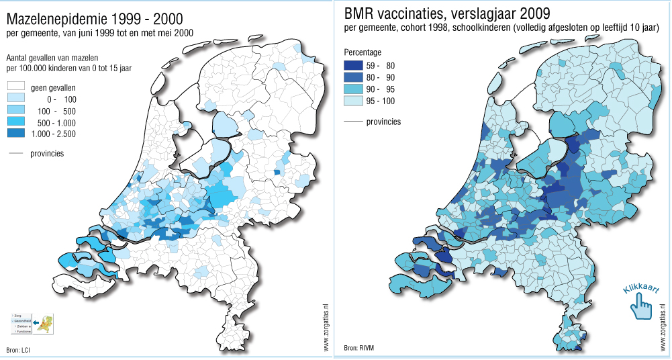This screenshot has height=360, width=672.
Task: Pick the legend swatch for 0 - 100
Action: coord(15,99)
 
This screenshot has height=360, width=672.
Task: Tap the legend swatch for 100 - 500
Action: coord(15,110)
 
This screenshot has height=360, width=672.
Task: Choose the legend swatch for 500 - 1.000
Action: coord(15,122)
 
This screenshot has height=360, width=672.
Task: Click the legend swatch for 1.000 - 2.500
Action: coord(15,134)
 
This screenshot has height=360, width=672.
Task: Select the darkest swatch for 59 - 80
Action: coord(353,66)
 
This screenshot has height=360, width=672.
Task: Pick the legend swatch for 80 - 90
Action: coord(353,77)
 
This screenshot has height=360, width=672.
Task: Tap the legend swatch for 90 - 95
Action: coord(353,89)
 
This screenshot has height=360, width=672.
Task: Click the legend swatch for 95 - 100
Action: coord(353,101)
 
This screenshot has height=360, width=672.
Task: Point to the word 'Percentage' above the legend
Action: coord(363,52)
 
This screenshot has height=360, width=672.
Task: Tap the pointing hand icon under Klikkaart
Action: coord(641,307)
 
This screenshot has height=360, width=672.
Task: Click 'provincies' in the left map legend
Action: coord(47,153)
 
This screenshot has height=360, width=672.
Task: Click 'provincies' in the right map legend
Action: coord(383,122)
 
